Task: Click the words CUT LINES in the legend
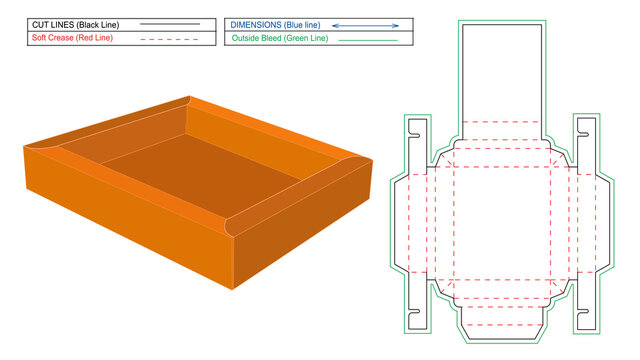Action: [51, 22]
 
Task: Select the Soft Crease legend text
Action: [57, 37]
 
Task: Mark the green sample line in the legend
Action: [367, 39]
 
